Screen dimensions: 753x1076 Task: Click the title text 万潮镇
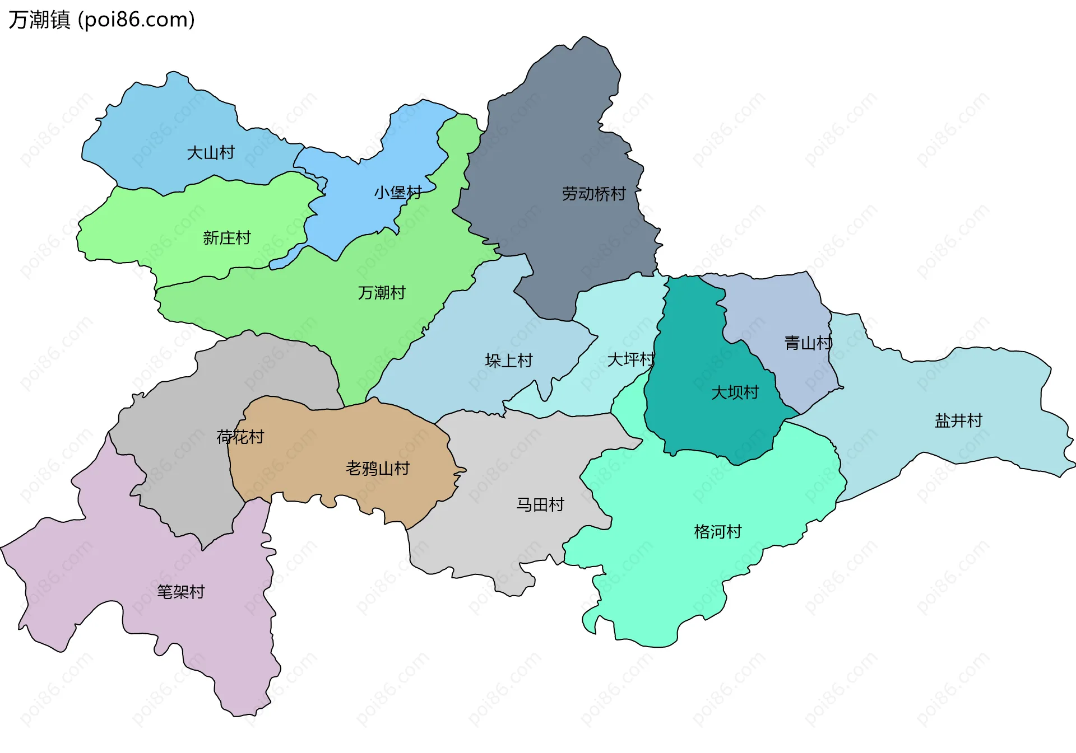39,20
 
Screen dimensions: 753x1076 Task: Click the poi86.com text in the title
136,20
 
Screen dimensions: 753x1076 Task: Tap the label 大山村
210,152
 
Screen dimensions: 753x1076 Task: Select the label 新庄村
226,238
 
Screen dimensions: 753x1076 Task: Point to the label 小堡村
397,193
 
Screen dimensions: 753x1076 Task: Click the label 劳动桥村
593,194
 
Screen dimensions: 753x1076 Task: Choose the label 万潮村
381,292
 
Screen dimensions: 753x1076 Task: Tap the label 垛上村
508,360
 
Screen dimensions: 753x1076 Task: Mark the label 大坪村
630,359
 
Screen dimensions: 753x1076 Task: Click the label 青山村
808,343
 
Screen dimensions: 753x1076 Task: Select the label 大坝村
734,392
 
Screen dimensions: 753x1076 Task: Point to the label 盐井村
958,420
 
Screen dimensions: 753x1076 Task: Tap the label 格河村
717,531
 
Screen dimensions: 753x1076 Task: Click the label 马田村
540,504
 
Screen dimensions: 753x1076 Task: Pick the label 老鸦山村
378,468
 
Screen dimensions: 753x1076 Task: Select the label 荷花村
240,436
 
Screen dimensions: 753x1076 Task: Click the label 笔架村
180,591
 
